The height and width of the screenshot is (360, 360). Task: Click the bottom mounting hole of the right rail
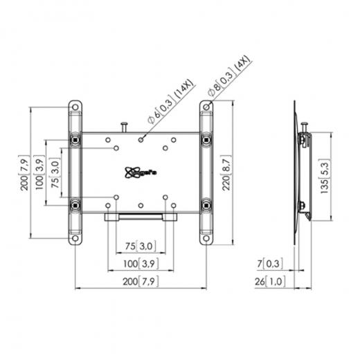pos(206,240)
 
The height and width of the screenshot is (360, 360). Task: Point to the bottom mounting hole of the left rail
pos(75,240)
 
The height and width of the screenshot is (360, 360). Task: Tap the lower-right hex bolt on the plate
pos(206,205)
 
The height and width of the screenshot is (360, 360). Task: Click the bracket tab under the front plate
pos(141,217)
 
